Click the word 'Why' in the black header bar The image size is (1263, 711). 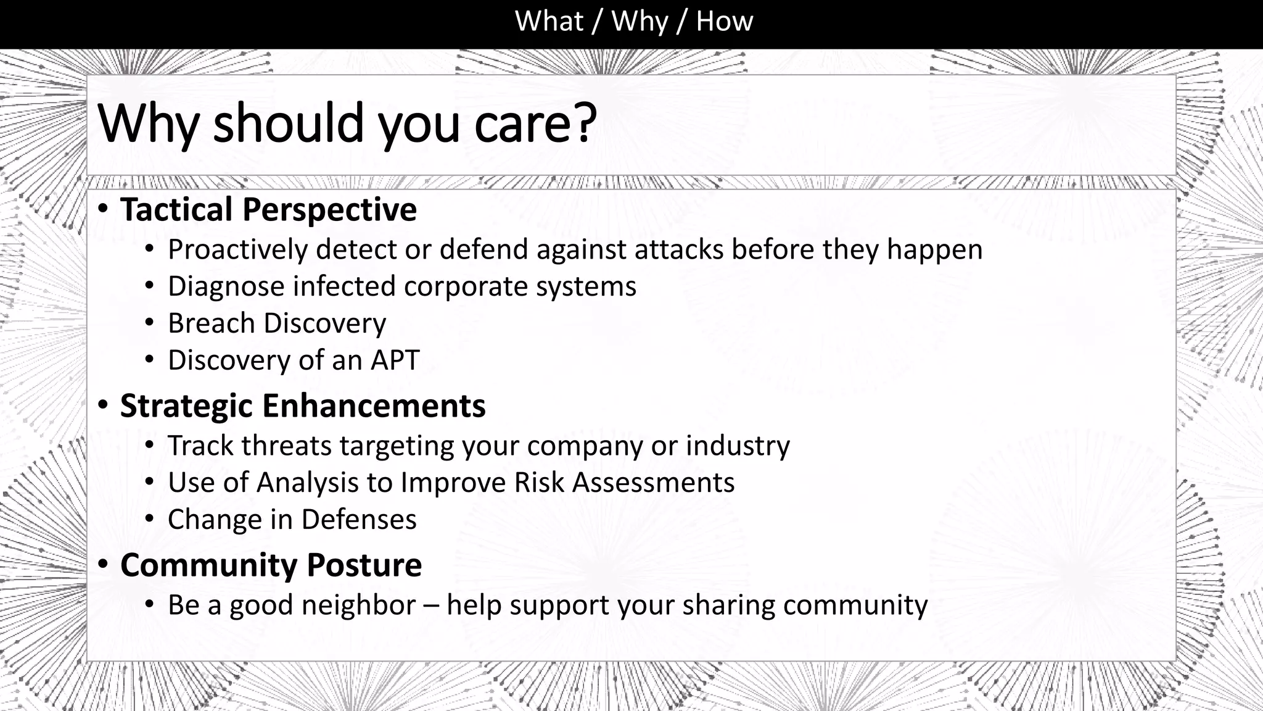coord(640,22)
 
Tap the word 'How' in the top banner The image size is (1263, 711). coord(725,22)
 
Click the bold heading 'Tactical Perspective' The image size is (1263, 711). coord(268,209)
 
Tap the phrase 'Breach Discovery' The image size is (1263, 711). coord(277,323)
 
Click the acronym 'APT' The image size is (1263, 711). coord(395,360)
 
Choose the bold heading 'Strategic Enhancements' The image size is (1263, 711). coord(302,406)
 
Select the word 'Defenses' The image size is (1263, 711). coord(358,520)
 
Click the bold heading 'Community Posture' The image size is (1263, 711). coord(271,565)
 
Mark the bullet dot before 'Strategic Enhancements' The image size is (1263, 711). coord(104,405)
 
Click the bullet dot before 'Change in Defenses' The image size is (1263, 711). coord(149,519)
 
